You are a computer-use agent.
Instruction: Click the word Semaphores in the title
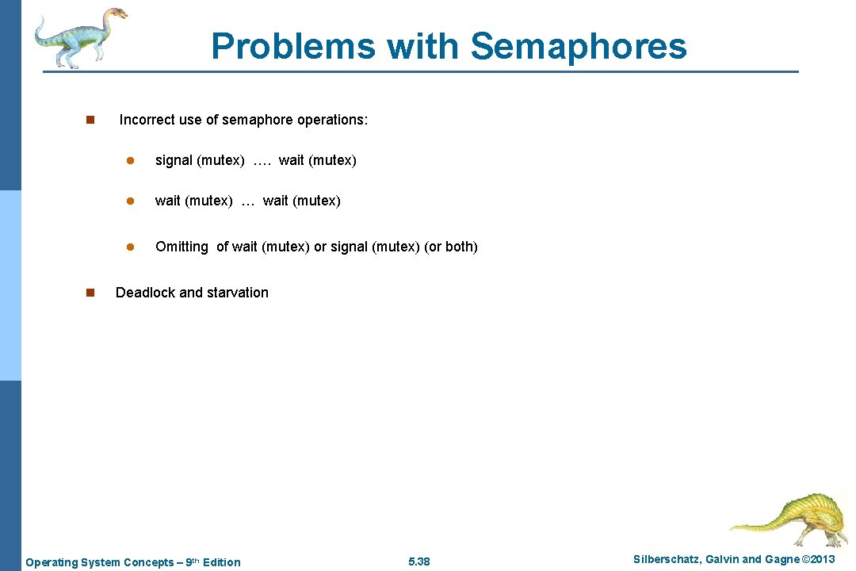click(x=579, y=46)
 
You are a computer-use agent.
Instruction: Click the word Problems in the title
click(x=293, y=46)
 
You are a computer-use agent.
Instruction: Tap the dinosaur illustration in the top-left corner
click(x=79, y=36)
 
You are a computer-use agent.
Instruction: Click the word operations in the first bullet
click(x=331, y=120)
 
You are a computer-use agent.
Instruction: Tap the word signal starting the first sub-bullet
click(x=174, y=160)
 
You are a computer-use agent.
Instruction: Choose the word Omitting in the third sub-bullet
click(x=182, y=247)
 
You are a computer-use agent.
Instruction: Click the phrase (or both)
click(x=451, y=247)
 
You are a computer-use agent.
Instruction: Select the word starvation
click(x=238, y=293)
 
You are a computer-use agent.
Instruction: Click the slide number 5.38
click(x=418, y=562)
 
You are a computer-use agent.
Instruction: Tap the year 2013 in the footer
click(x=820, y=559)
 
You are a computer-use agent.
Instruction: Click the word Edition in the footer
click(x=221, y=562)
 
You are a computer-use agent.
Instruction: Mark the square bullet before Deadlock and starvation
click(x=90, y=293)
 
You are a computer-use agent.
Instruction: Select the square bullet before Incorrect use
click(x=90, y=120)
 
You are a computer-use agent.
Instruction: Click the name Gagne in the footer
click(x=781, y=559)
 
